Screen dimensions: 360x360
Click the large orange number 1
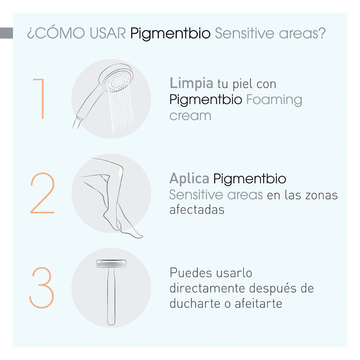coord(41,98)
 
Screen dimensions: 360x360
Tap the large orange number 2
coord(42,194)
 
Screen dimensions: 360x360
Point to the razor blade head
coord(111,264)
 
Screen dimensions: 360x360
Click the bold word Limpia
coord(191,84)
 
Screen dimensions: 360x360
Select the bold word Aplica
coord(189,178)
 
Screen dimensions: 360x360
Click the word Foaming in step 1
coord(274,99)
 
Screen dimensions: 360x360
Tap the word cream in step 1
coord(190,116)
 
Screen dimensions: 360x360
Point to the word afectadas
coord(197,210)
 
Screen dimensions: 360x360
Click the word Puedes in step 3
coord(190,273)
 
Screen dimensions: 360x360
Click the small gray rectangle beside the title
coord(6,33)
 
